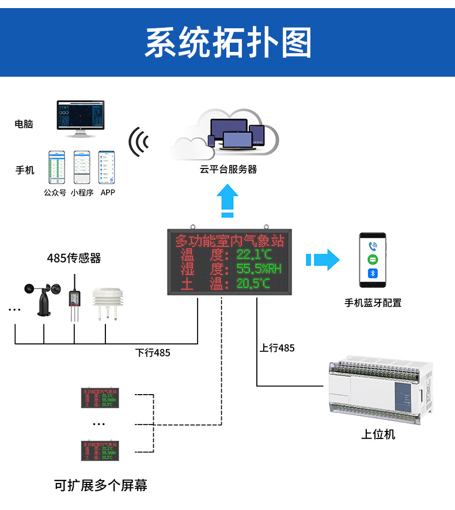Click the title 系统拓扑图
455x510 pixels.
point(227,43)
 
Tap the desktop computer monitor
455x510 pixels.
point(81,116)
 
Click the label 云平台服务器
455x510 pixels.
point(228,170)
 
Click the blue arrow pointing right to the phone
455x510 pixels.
point(323,259)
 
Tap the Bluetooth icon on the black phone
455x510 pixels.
point(373,273)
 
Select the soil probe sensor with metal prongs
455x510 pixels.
point(74,300)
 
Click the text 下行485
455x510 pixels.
point(153,352)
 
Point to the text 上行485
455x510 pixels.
point(277,348)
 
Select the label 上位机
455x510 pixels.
point(378,434)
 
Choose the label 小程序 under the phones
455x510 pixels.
point(82,193)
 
